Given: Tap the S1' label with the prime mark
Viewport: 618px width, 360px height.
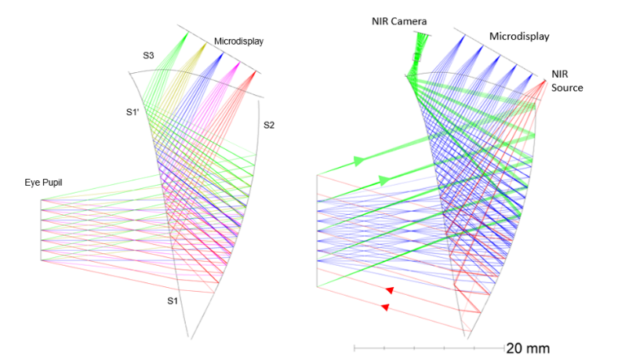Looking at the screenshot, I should pos(133,113).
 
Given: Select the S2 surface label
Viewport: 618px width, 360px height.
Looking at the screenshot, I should pos(269,125).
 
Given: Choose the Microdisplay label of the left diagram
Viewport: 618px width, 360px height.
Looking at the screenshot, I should pos(238,41).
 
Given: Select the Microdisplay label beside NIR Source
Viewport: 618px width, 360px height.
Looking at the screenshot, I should pos(519,36).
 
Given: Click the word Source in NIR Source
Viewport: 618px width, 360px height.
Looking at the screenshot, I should pos(567,88).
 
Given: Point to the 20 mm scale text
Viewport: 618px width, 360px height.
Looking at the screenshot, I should pos(522,347).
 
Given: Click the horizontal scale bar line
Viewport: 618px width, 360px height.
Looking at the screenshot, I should pos(428,347).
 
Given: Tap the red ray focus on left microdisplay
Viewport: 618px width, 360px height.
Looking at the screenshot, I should pos(255,74).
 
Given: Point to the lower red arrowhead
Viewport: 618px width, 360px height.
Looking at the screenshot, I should pos(385,307).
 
